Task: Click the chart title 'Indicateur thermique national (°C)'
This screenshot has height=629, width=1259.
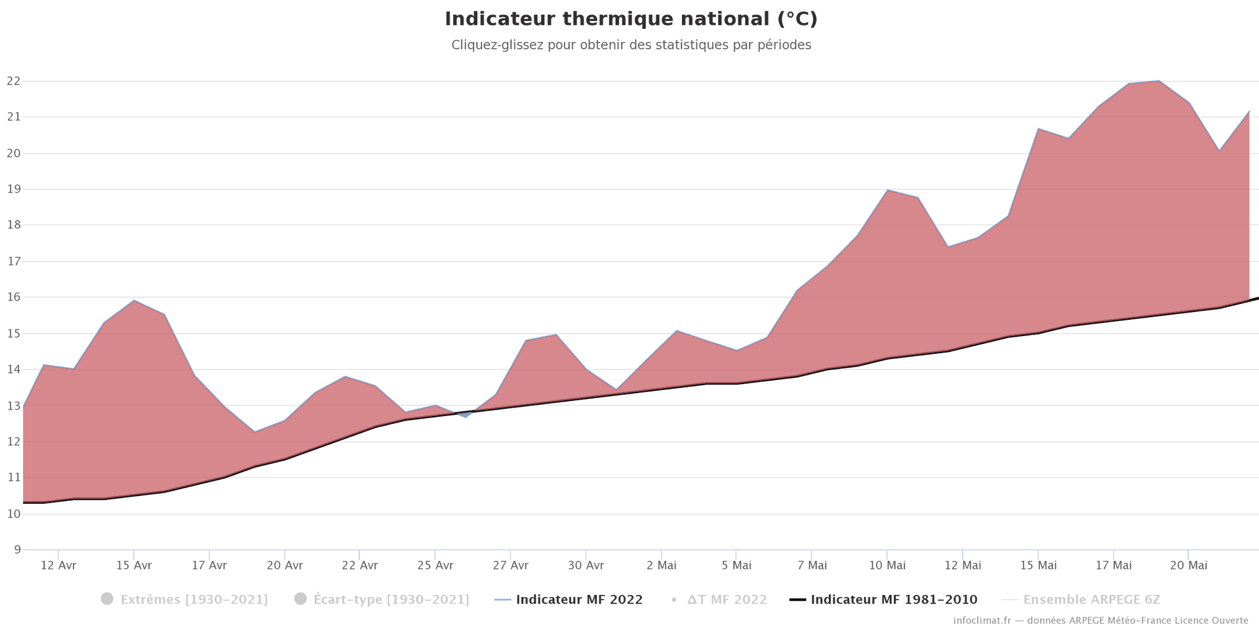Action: pos(631,19)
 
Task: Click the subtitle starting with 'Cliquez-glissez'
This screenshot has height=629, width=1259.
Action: pos(631,45)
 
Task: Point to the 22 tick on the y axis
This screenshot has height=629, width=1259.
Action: pos(13,81)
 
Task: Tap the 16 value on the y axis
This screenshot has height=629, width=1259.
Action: pos(13,297)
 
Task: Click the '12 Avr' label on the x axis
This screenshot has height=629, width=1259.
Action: pos(58,565)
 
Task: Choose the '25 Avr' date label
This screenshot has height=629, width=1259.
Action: pos(435,565)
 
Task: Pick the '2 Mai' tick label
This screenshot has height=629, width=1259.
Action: pos(661,565)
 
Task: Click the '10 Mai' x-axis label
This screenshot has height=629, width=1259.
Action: pos(887,565)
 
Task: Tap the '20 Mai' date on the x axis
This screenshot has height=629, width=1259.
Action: pos(1188,565)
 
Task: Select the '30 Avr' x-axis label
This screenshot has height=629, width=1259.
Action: pos(586,565)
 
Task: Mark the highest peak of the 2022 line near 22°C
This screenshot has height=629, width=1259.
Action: pos(1159,81)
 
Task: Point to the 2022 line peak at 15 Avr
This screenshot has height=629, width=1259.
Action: pos(134,300)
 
